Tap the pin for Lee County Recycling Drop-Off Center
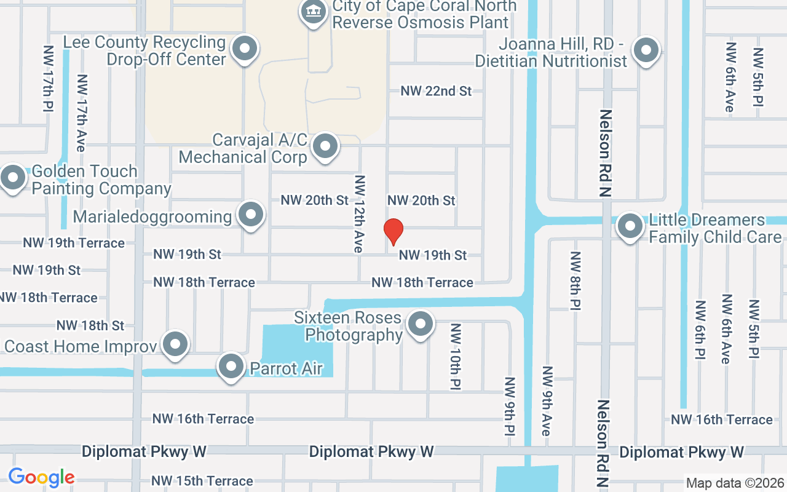tap(245, 49)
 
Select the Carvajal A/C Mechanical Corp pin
tap(325, 148)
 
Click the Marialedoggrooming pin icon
tap(250, 216)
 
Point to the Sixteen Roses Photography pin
tap(421, 324)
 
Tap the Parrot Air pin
tap(231, 367)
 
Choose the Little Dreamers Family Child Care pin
tap(630, 226)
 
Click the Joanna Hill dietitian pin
tap(646, 50)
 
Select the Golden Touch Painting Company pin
tap(12, 179)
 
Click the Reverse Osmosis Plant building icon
tap(313, 12)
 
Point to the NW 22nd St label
tap(436, 91)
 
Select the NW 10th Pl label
tap(456, 357)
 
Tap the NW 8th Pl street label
tap(575, 280)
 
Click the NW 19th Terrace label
tap(74, 243)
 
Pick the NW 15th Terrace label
tap(202, 480)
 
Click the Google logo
tap(41, 477)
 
